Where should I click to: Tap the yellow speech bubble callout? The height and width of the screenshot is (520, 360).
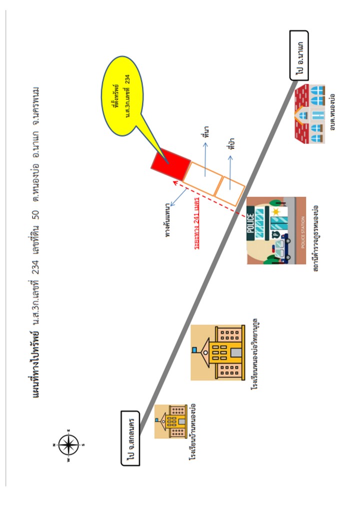[x=122, y=96]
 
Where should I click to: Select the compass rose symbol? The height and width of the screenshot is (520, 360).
[x=68, y=444]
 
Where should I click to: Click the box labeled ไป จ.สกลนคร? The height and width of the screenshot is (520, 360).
[x=130, y=438]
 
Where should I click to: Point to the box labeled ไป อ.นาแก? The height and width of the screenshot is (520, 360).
[x=299, y=55]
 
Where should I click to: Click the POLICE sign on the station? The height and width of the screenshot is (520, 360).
[x=251, y=223]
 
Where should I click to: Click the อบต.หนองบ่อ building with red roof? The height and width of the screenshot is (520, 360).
[x=310, y=114]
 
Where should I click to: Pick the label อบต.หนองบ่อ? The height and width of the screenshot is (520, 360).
[x=332, y=112]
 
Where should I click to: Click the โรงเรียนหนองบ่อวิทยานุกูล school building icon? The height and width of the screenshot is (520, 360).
[x=218, y=352]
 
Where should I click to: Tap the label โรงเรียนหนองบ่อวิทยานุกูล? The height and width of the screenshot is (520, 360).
[x=254, y=354]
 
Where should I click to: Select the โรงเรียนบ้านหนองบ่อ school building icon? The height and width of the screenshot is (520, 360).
[x=170, y=421]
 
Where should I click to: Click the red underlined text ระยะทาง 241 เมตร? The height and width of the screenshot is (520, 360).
[x=196, y=224]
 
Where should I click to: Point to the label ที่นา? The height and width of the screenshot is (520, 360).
[x=206, y=131]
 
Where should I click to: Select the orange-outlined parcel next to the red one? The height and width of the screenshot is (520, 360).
[x=202, y=179]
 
